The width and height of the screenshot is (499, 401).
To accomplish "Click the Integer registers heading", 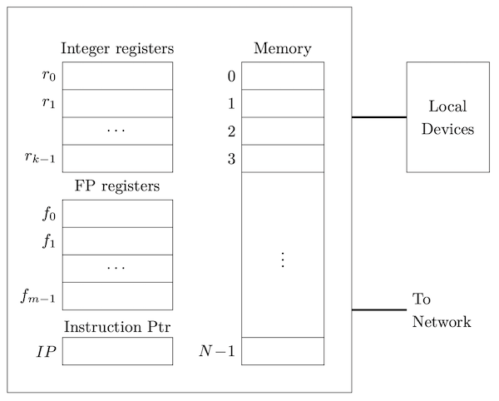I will tap(117, 48).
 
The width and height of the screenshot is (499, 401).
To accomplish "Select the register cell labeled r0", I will tap(117, 76).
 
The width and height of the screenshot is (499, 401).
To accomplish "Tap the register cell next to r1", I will tap(117, 103).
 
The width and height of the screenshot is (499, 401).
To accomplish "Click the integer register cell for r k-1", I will tap(117, 158).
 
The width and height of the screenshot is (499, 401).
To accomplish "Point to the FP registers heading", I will tap(117, 186).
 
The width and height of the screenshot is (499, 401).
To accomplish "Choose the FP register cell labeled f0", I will tap(117, 214).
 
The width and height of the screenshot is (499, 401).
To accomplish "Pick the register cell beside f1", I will tap(117, 241).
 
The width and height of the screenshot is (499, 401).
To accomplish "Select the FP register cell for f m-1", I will tap(117, 296).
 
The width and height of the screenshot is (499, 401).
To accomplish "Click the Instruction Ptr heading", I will tap(117, 326).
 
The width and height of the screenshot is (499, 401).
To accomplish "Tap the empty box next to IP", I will tap(117, 351).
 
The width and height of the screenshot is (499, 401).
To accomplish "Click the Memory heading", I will tap(283, 48).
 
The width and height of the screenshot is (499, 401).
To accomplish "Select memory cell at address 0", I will tap(283, 76).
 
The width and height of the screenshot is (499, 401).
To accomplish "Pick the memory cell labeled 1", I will tap(283, 103).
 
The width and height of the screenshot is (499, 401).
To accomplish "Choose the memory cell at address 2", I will tap(283, 131).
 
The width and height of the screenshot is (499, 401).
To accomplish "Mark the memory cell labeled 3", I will tap(283, 158).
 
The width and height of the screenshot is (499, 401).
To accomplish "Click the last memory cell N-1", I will tap(283, 351).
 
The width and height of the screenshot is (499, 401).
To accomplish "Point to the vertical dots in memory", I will tap(283, 260).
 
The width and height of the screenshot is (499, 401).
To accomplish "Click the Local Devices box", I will tap(447, 117).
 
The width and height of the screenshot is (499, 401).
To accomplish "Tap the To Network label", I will tap(441, 310).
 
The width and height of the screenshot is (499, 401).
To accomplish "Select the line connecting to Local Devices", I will tap(378, 117).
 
